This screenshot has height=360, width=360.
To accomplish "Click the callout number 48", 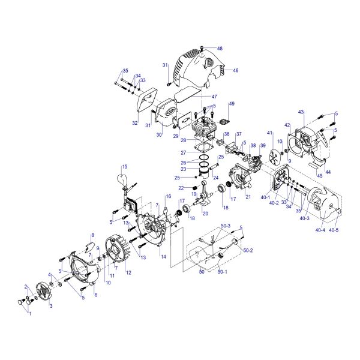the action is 220,49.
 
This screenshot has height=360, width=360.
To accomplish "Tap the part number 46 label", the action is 236,70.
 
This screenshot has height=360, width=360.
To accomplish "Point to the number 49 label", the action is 232,104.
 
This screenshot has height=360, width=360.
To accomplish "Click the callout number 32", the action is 135,123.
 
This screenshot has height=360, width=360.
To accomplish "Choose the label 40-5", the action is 334,230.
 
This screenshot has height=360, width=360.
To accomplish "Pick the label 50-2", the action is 248,250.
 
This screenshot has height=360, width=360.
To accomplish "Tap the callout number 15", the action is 124,167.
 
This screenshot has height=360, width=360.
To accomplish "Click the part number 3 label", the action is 51,306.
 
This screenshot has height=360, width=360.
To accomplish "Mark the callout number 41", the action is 269,133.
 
